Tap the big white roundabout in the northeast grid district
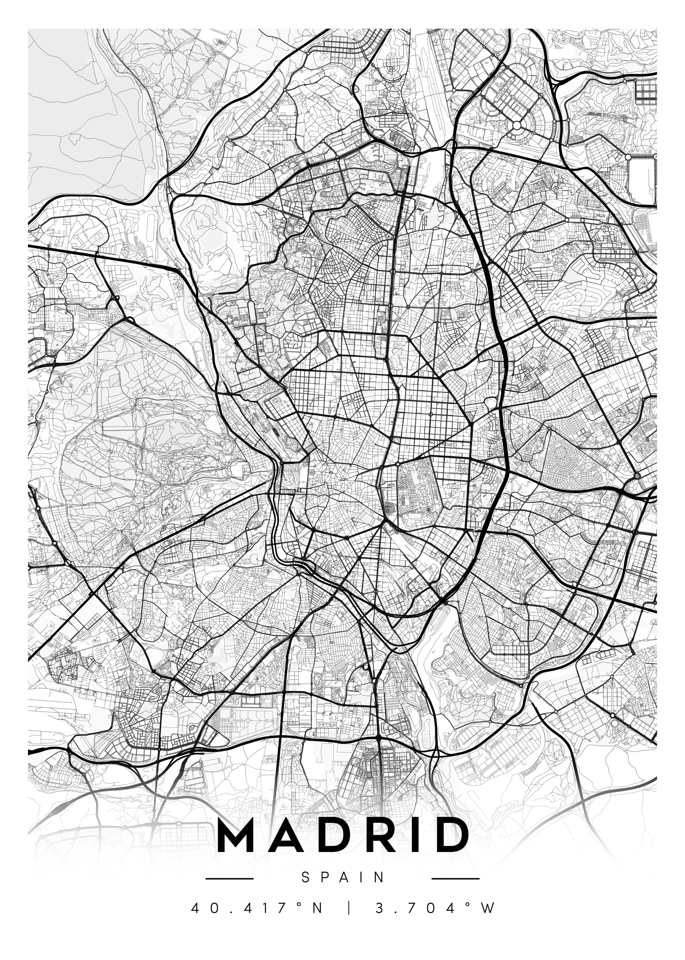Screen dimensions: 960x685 click(517, 125)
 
